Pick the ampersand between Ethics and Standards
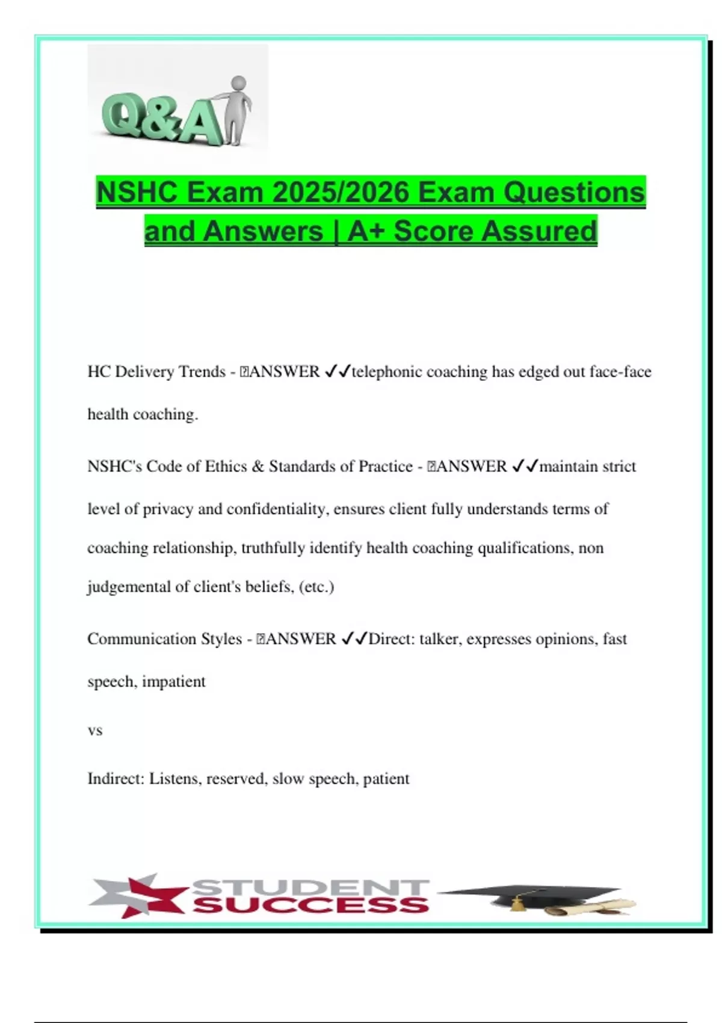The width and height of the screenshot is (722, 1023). tap(258, 466)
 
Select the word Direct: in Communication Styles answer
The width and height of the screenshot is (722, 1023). tap(392, 639)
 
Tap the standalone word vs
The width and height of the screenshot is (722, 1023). tap(95, 731)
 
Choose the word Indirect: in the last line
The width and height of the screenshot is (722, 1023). tap(116, 779)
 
